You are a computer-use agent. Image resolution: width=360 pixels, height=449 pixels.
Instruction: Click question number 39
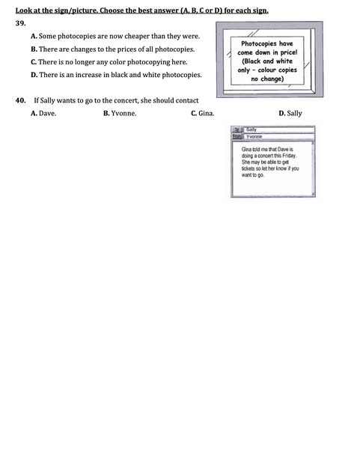(21, 23)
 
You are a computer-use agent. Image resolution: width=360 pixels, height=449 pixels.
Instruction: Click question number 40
(21, 100)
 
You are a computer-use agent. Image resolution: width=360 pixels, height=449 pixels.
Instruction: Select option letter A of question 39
(34, 36)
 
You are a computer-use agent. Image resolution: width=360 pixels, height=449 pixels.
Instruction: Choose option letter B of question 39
(34, 49)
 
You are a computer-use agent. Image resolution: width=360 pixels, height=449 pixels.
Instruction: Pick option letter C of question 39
(34, 62)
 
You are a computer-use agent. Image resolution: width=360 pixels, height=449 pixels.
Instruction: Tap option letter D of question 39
(34, 75)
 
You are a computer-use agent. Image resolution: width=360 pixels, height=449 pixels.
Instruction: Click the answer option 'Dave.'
(48, 114)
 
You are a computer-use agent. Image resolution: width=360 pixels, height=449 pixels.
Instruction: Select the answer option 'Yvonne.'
(123, 114)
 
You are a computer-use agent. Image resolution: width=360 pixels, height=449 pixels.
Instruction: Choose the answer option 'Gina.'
(207, 114)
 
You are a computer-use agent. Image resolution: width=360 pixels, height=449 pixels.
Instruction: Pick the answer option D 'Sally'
(294, 114)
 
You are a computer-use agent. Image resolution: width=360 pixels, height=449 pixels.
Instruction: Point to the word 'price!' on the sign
(289, 52)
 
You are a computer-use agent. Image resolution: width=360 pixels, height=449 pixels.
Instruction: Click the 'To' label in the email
(237, 129)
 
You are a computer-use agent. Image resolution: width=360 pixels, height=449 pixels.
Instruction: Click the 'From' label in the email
(237, 136)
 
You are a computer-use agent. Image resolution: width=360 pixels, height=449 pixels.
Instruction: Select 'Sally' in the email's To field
(251, 129)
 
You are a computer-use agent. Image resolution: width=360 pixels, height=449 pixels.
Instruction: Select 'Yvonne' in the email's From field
(254, 137)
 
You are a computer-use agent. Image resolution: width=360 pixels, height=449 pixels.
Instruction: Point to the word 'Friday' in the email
(289, 156)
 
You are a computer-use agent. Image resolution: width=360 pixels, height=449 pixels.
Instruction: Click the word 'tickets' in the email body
(248, 168)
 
